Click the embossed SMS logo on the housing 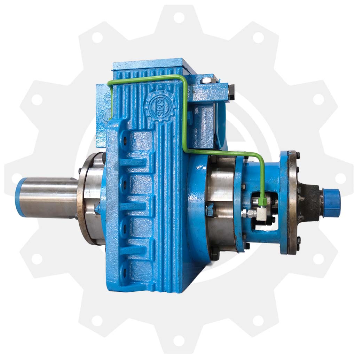tap(160, 107)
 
